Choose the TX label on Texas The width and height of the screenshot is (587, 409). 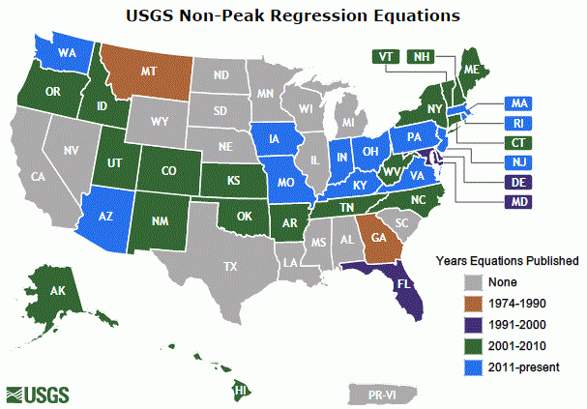[230, 266]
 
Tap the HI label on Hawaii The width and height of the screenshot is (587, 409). [243, 390]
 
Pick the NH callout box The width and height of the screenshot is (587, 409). [422, 56]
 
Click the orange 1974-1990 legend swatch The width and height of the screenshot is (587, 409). [473, 304]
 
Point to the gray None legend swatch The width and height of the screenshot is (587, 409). [473, 282]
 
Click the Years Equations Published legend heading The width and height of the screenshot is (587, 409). [507, 260]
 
